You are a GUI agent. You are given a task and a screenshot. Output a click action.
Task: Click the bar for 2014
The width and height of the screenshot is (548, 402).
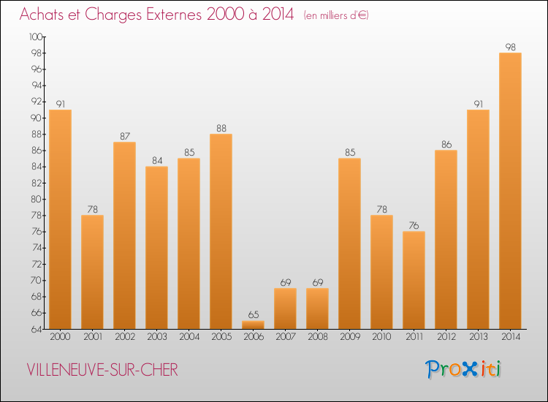coord(510,190)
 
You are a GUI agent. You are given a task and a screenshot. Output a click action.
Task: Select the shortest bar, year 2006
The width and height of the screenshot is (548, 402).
coord(253,325)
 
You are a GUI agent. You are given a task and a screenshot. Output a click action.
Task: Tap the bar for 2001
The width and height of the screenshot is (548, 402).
coord(92,272)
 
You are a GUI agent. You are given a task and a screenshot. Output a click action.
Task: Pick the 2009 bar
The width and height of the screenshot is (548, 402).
coord(349,243)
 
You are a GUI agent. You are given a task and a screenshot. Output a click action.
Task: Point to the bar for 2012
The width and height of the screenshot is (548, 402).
coord(446,239)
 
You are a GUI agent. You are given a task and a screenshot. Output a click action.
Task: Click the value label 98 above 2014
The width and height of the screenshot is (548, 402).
coord(510,48)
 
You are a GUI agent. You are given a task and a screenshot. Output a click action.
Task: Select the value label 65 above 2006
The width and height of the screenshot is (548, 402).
coord(253,315)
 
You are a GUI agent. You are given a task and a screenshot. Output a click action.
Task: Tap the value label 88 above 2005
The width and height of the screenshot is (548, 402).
coord(221,129)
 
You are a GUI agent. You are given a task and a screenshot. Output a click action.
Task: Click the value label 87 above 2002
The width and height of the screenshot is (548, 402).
coord(124,137)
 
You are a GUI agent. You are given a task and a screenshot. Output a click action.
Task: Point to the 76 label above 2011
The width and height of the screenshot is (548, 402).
coord(414,226)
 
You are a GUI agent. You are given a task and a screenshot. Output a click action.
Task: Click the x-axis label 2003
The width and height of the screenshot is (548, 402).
coord(156,338)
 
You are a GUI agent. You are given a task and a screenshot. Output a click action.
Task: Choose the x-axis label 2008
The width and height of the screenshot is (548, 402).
coord(317,338)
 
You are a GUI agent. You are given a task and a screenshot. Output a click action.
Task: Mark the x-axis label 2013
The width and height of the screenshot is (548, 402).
coord(478,338)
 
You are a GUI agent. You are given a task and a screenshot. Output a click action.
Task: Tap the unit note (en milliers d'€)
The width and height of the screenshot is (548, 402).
coord(336,15)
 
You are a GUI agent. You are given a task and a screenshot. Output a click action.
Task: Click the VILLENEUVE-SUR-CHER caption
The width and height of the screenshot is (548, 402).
coord(102,370)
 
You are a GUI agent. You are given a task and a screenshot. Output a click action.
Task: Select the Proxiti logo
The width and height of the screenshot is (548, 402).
coord(464,369)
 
